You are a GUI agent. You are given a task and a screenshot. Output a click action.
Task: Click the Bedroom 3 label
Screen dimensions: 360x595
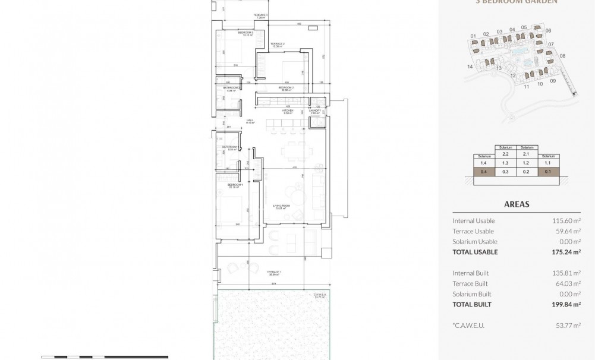(245, 33)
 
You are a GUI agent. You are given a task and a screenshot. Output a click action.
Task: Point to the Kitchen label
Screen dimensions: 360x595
(288, 111)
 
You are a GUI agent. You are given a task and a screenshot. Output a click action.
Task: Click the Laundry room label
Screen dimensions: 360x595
(316, 111)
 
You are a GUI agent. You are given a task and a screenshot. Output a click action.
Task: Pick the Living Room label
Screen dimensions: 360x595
(280, 207)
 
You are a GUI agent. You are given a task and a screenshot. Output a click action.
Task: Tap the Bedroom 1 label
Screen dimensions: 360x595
(235, 185)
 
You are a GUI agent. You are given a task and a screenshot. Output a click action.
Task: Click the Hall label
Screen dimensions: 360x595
(250, 121)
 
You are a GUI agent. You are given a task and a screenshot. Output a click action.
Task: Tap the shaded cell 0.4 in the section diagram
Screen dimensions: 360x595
(483, 172)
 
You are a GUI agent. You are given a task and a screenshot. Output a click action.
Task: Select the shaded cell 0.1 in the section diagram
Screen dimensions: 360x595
(547, 172)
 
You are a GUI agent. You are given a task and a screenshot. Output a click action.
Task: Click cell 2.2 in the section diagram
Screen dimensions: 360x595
(505, 153)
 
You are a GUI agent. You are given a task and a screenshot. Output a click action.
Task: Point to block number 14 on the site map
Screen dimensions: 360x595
(470, 67)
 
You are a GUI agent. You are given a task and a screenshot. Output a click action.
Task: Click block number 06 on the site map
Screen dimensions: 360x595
(548, 31)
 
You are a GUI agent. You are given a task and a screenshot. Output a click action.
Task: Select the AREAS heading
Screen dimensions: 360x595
(517, 204)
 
